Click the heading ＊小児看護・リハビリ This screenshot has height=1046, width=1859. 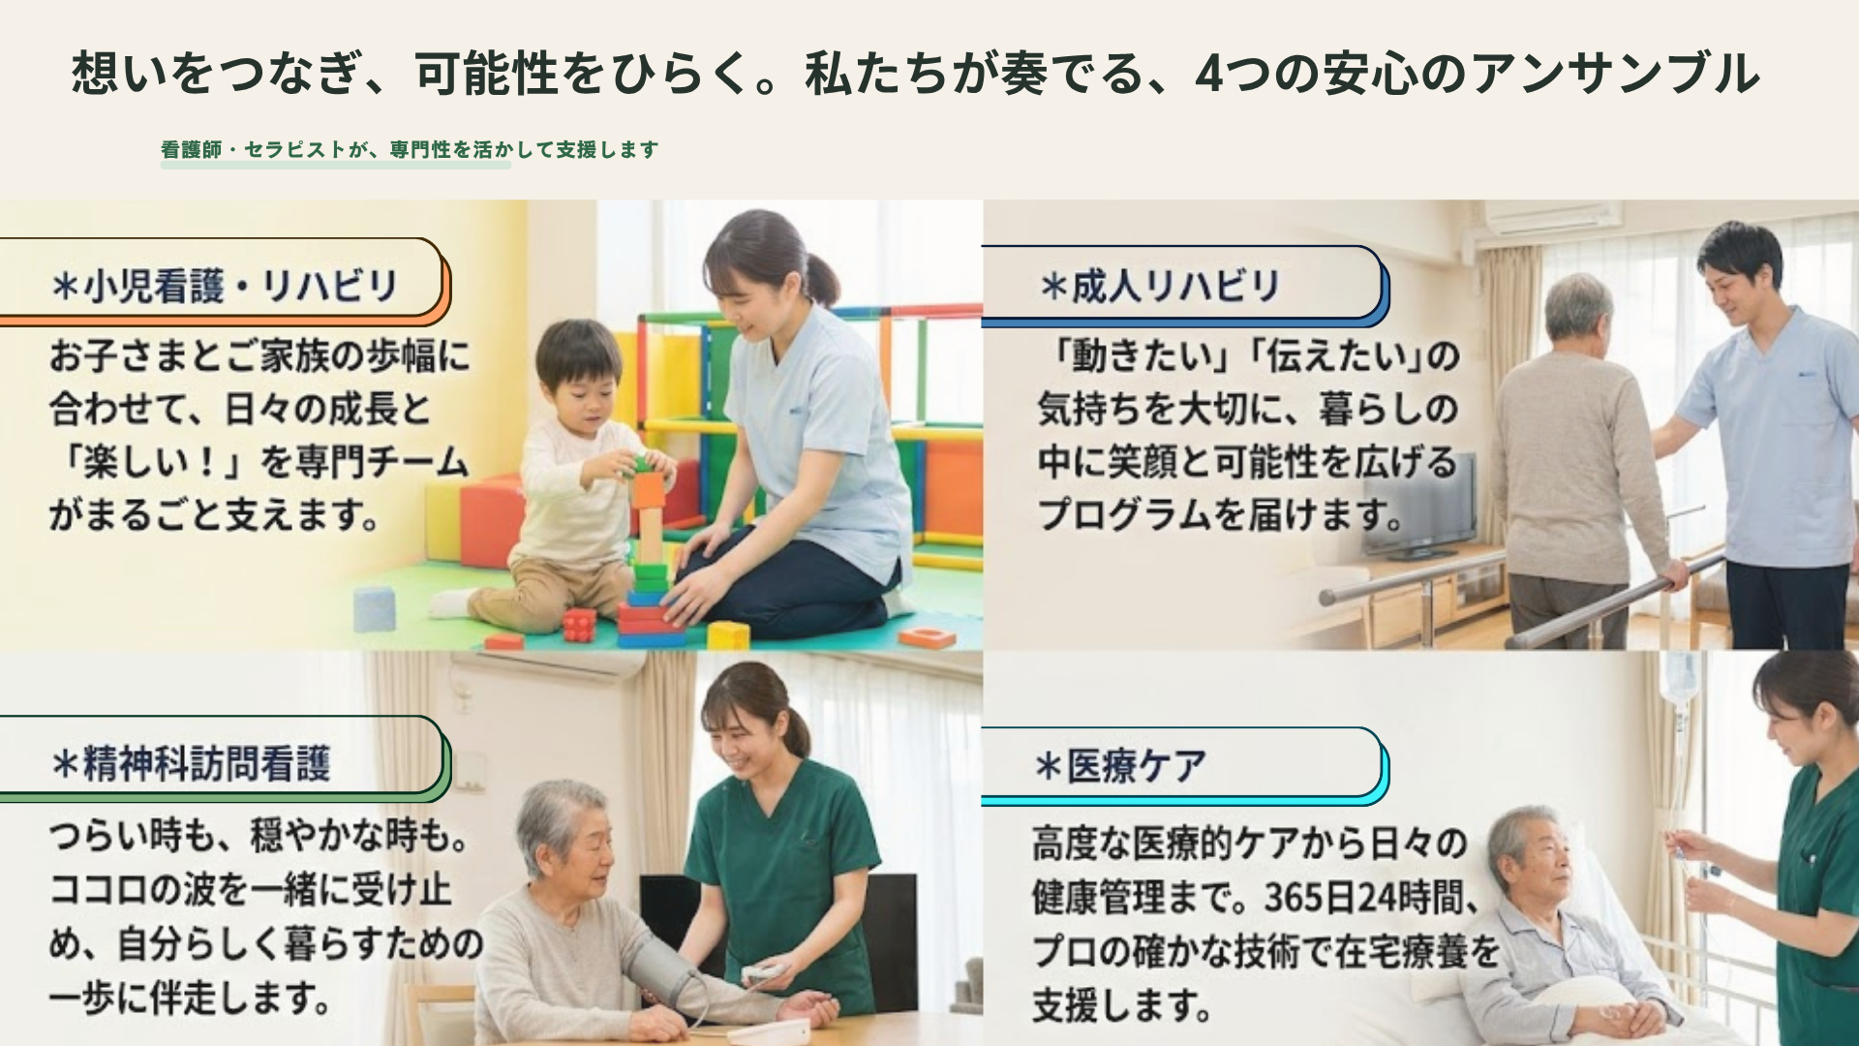click(225, 286)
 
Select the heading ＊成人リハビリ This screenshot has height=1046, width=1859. click(1159, 286)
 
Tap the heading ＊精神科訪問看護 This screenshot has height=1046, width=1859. click(191, 763)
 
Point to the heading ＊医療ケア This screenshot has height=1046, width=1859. click(1120, 766)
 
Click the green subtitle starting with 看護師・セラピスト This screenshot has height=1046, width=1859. click(410, 149)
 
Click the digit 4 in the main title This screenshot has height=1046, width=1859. click(1210, 74)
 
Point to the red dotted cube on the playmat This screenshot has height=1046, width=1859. click(579, 625)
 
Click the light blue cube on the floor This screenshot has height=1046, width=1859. click(375, 608)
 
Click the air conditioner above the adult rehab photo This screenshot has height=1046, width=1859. click(1552, 218)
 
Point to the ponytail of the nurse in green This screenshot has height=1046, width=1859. click(796, 728)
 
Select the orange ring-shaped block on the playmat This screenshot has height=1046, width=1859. click(927, 636)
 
